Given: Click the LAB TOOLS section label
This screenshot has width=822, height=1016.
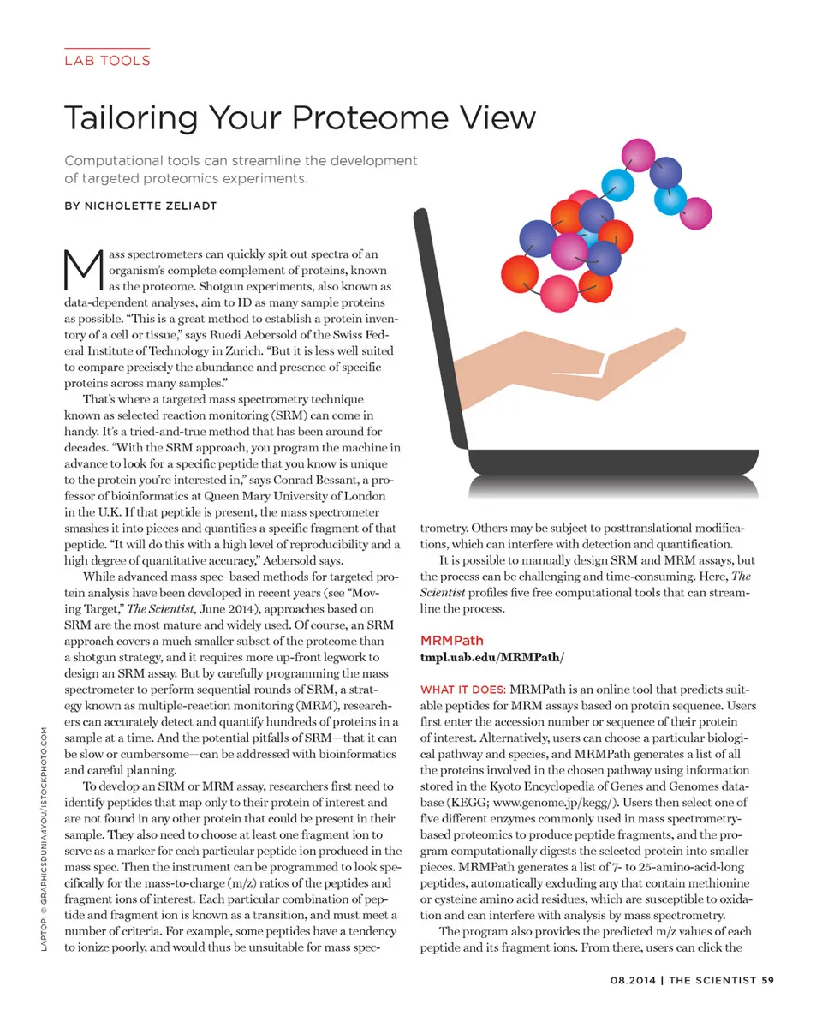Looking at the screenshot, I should coord(107,61).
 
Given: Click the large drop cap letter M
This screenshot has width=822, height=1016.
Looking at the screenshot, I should coord(83,271).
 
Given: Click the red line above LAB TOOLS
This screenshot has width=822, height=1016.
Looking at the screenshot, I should coord(107,48).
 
